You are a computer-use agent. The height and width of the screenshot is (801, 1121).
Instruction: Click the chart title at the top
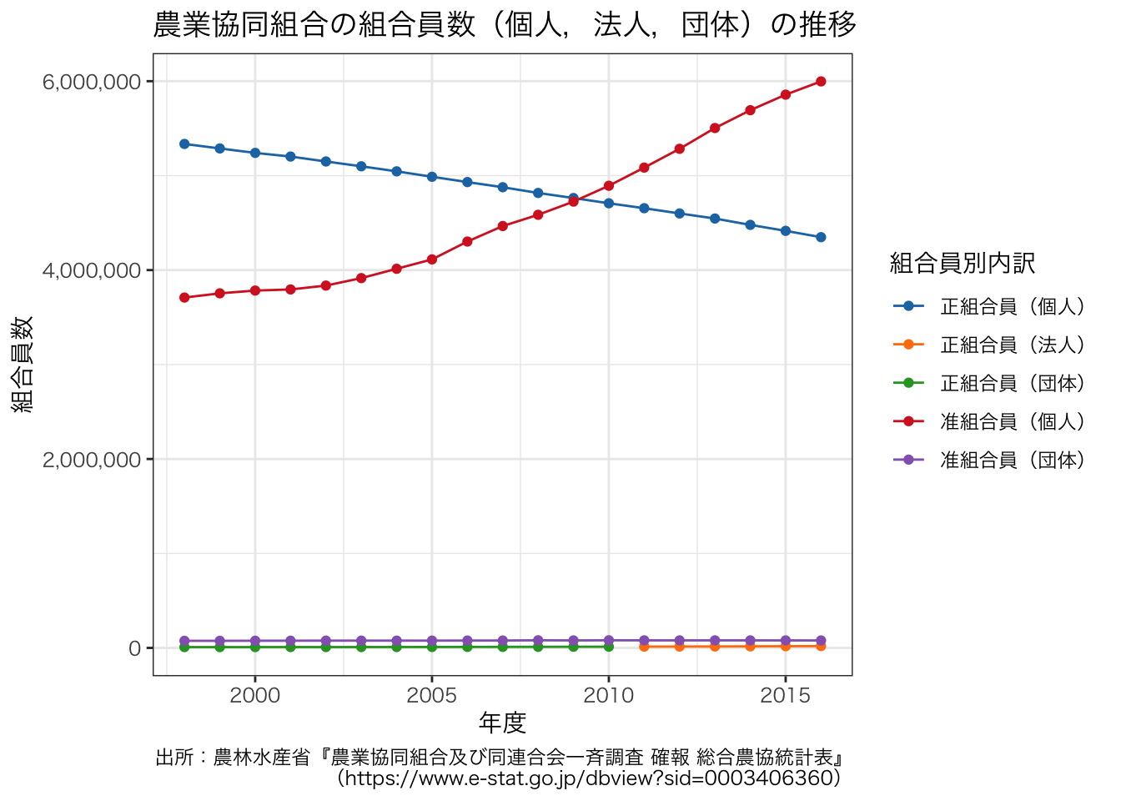coord(505,25)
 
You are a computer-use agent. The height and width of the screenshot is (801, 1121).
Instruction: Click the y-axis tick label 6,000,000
coord(92,82)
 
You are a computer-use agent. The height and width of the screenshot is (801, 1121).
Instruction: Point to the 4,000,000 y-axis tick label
coord(92,270)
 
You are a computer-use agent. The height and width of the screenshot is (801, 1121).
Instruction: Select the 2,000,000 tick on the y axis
coord(92,460)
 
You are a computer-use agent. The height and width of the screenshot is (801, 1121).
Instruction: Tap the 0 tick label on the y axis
coord(134,648)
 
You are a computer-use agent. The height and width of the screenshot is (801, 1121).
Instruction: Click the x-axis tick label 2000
coord(255,696)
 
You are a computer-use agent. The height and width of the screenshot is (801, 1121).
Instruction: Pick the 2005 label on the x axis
coord(432,696)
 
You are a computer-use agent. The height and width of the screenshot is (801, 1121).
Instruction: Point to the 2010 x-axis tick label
coord(609,696)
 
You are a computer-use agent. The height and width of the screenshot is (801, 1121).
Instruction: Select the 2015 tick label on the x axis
coord(786,696)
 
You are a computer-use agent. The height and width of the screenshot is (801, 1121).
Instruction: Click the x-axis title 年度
coord(502,723)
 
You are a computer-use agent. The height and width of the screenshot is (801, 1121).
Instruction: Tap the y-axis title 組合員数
coord(23,365)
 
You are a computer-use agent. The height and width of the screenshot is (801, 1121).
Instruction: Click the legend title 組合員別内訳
coord(963,264)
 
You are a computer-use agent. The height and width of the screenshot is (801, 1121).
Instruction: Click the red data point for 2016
coord(821,81)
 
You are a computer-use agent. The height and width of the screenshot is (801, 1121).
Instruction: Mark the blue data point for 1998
coord(184,144)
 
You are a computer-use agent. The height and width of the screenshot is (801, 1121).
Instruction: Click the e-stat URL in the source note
coord(589,778)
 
